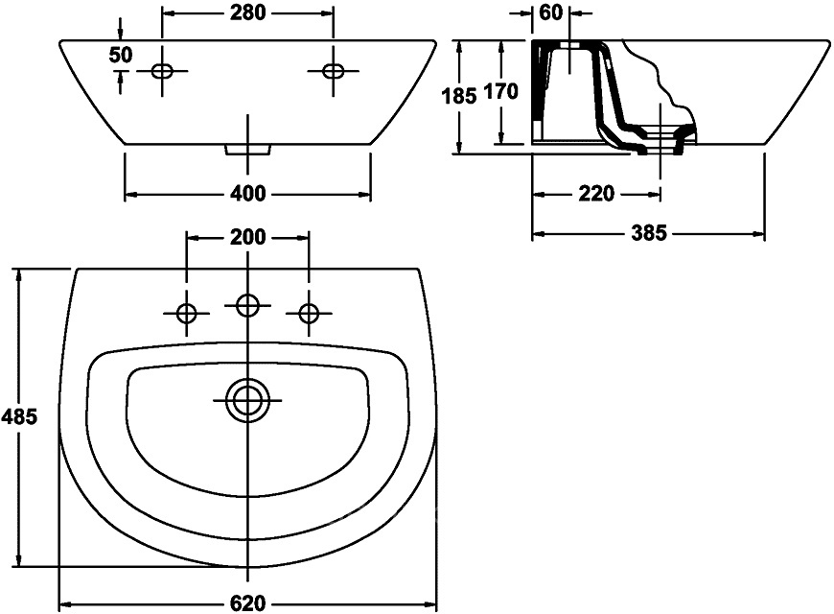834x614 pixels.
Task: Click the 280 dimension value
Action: (x=247, y=12)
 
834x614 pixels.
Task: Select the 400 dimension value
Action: (x=247, y=194)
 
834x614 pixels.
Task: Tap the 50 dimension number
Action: (x=120, y=55)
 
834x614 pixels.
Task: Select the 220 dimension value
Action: (x=596, y=194)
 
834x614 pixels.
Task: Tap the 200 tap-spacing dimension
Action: (x=247, y=237)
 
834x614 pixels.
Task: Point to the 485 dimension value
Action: (x=19, y=417)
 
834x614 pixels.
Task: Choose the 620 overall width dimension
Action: (x=247, y=603)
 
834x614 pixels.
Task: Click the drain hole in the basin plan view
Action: (x=247, y=401)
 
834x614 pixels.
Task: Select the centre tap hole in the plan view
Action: (x=247, y=306)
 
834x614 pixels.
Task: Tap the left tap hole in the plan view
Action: (x=186, y=313)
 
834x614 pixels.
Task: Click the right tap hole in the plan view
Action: (x=309, y=313)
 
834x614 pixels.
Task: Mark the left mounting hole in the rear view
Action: (x=162, y=71)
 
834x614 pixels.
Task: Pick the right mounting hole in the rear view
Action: (x=334, y=71)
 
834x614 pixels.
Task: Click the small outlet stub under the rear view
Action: (x=248, y=150)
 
